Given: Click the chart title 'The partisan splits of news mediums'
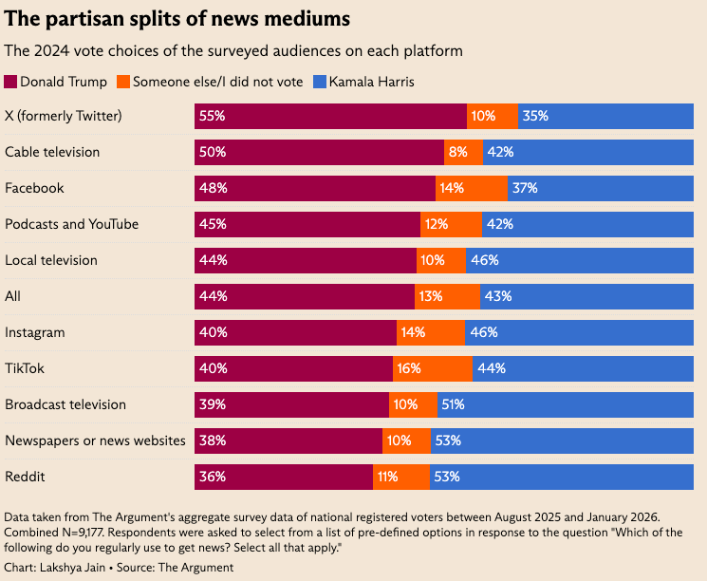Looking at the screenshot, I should pos(177,18).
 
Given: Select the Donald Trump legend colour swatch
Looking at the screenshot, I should pos(11,82).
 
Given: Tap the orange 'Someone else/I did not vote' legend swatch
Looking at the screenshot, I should pos(123,82).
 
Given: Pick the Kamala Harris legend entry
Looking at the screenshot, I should pos(371,82).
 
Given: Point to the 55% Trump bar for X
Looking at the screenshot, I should pos(330,116).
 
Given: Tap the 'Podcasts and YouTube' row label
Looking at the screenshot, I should pos(72,224).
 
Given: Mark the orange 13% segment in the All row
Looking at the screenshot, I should pos(447,296).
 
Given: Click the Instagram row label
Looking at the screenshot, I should pos(35,332).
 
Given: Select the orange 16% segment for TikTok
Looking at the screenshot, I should pos(433,368).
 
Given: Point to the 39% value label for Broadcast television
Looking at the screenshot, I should pos(213,404).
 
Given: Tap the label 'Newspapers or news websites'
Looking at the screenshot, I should pos(95,440).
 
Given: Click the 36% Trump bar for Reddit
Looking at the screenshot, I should pos(284,477).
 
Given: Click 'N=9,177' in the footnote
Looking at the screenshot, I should pos(89,532).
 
